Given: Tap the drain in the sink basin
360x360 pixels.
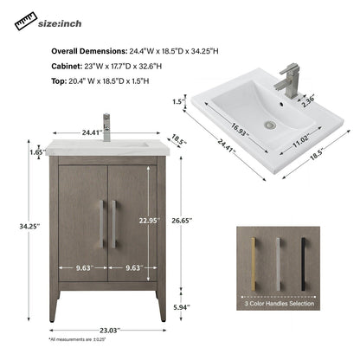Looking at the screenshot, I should coord(274,125).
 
